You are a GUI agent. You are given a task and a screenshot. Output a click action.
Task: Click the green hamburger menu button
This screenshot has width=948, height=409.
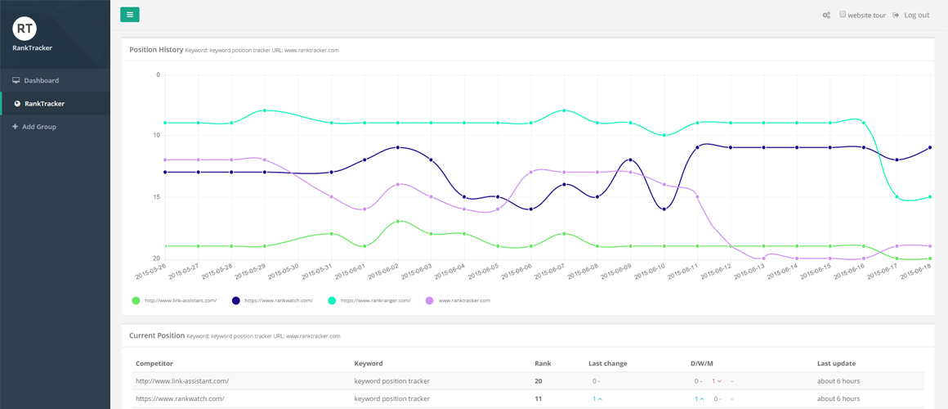point(130,14)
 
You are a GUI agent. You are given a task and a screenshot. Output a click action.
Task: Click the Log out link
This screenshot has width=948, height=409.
point(916,15)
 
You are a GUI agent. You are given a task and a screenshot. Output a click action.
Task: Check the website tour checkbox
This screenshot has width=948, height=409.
point(843,15)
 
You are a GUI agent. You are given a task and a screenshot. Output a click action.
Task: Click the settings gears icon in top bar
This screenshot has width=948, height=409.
point(826,15)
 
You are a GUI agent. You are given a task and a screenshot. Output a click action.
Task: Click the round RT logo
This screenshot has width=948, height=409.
point(25,29)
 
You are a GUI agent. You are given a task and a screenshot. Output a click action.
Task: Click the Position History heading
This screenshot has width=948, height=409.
point(155,50)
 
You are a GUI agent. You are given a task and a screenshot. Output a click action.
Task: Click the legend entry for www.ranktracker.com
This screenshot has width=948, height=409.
point(463,300)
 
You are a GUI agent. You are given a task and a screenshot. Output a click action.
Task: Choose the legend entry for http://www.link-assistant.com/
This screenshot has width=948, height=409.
point(180,300)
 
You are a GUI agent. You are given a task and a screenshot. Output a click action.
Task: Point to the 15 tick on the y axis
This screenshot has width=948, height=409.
point(156,197)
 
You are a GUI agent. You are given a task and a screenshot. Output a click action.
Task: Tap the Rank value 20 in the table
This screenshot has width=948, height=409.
point(539,381)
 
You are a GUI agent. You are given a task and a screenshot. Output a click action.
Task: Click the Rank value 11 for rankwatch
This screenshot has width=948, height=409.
point(539,398)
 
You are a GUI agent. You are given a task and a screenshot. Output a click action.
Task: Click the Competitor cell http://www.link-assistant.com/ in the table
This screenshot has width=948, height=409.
point(181,381)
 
